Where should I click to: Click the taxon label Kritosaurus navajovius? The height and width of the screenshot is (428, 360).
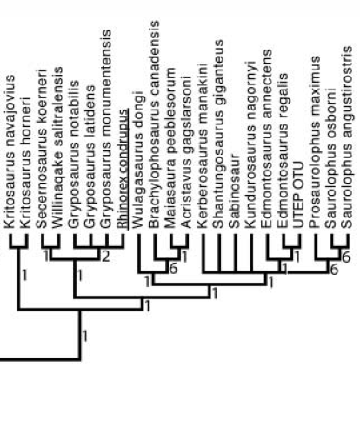click(x=10, y=151)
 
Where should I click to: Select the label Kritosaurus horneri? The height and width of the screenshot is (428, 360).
click(x=26, y=163)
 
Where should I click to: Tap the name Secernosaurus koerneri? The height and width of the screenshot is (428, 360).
click(x=42, y=148)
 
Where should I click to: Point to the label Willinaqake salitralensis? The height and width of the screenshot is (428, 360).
click(x=57, y=147)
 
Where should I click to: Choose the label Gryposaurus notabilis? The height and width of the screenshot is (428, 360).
click(x=74, y=154)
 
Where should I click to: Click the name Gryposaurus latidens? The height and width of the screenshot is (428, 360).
click(x=90, y=157)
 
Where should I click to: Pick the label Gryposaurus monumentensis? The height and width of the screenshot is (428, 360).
click(x=106, y=129)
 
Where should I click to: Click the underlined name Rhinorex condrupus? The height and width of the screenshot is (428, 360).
click(x=123, y=169)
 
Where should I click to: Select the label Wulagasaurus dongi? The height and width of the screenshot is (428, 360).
click(x=137, y=159)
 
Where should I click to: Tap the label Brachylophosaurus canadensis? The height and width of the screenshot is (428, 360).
click(x=154, y=124)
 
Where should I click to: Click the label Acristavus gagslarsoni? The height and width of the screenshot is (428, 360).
click(x=186, y=152)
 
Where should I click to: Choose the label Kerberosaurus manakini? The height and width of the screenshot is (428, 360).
click(x=202, y=145)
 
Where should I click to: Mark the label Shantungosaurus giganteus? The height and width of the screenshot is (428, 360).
click(x=218, y=134)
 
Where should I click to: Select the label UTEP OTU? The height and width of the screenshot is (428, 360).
click(x=298, y=195)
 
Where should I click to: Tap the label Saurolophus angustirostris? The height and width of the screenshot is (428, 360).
click(x=347, y=137)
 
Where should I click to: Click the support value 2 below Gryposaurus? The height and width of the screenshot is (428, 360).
click(x=106, y=257)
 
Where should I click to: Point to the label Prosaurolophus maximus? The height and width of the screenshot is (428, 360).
click(x=315, y=142)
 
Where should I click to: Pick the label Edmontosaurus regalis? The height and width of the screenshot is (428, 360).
click(x=283, y=150)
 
